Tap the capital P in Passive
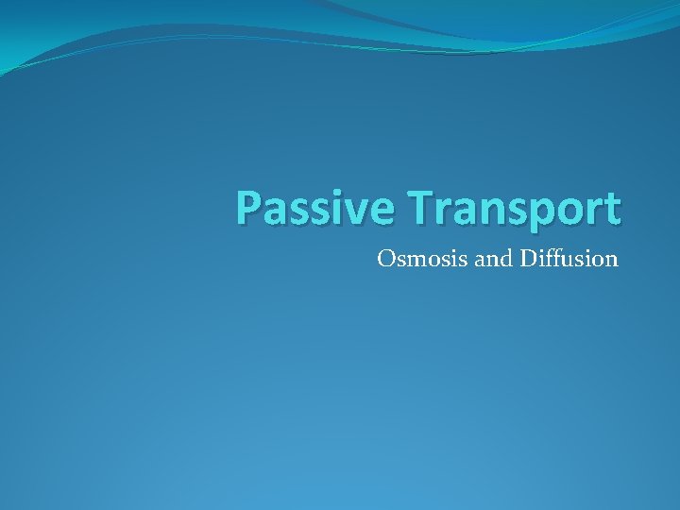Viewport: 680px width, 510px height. (x=249, y=209)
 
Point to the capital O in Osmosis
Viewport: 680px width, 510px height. (x=385, y=258)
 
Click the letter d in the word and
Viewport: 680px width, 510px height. (x=505, y=258)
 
